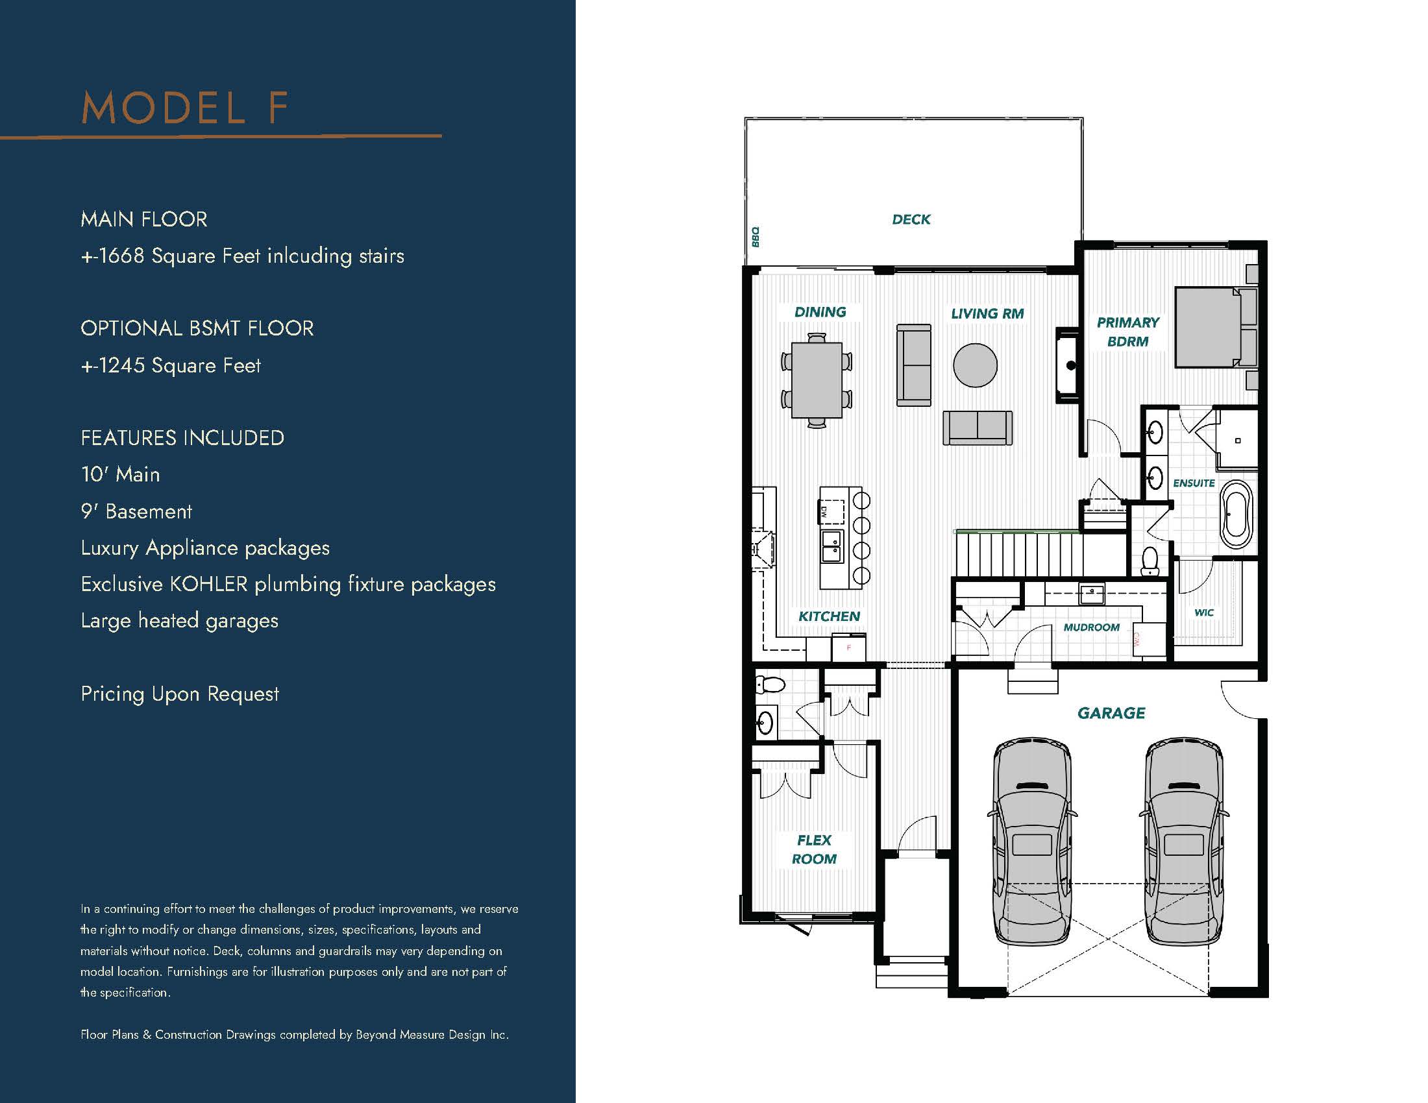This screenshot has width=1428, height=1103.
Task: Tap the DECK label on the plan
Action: coord(911,219)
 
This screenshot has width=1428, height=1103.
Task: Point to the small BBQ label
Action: coord(755,237)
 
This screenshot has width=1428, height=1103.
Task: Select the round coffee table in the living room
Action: coord(975,365)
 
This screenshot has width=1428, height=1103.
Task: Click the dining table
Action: coord(817,380)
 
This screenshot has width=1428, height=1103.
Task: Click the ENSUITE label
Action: coord(1194,483)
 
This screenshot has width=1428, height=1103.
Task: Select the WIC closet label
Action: coord(1203,613)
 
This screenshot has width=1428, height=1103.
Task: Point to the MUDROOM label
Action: coord(1091,627)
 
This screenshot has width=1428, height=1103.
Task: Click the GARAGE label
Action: coord(1111,713)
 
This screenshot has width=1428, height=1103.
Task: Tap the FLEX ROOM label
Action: coord(814,849)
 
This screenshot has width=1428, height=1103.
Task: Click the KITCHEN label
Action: coord(829,616)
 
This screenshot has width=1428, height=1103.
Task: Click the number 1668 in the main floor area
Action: coord(121,256)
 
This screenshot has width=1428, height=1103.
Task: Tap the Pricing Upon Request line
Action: coord(180,694)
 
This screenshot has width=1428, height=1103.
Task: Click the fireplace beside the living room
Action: coord(1067,365)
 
